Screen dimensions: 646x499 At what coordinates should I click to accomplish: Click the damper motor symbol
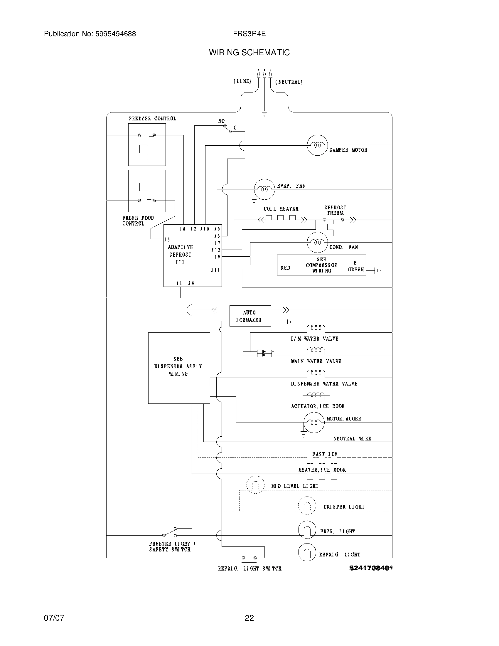318,145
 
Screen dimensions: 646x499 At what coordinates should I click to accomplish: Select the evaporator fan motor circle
264,189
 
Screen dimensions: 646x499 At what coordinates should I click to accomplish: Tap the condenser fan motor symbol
318,242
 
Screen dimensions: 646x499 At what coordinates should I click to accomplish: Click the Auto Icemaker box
250,316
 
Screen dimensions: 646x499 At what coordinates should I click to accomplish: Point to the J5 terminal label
167,239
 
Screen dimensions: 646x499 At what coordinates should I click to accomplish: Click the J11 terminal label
215,270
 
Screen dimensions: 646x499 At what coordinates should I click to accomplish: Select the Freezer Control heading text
152,119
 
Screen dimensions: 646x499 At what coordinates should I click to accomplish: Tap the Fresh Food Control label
138,221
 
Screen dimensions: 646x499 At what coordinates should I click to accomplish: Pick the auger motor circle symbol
314,422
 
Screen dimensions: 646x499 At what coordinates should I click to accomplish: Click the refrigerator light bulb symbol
307,552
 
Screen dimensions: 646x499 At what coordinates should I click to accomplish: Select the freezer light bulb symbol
307,530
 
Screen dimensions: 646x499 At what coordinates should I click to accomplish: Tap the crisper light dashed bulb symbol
307,506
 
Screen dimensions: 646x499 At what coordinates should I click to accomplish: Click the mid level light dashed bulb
255,484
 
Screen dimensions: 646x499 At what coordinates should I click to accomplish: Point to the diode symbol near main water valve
264,353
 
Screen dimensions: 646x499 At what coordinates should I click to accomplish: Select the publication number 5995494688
116,34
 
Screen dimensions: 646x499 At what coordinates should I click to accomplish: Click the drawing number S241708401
371,568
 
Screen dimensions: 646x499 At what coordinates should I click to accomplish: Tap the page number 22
249,618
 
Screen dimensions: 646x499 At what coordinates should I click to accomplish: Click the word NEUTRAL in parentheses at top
289,82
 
